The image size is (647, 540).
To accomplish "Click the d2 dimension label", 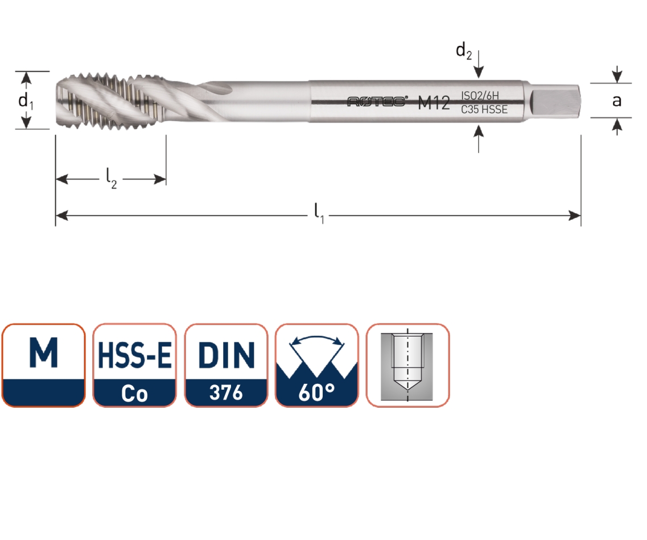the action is click(463, 51).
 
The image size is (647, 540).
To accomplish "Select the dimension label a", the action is click(616, 101).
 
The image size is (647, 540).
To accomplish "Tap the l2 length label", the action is click(111, 178).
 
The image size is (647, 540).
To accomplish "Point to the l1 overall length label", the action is click(319, 213).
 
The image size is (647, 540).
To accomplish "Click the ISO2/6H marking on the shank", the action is click(480, 96).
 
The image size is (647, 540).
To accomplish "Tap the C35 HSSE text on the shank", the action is click(484, 109).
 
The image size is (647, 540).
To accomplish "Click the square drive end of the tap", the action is click(555, 101).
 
